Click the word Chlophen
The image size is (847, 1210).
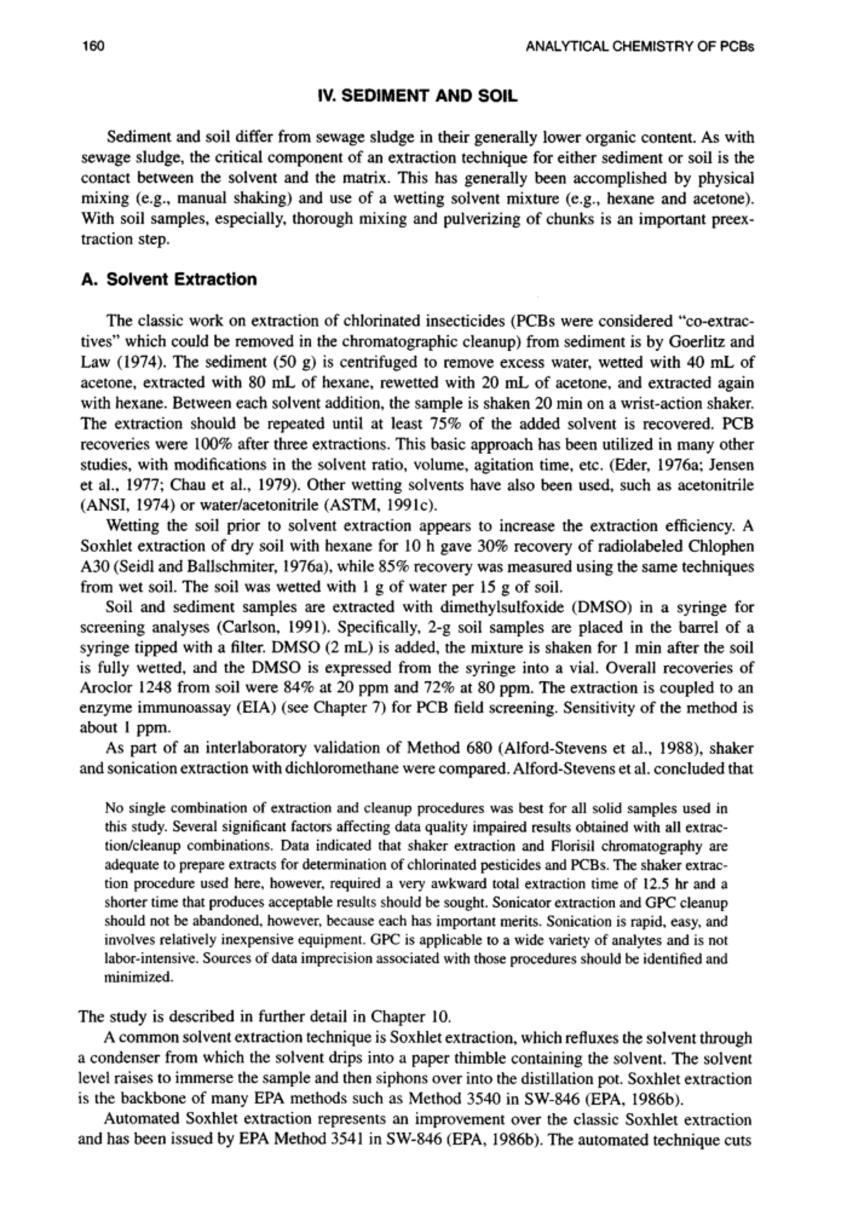725,546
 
